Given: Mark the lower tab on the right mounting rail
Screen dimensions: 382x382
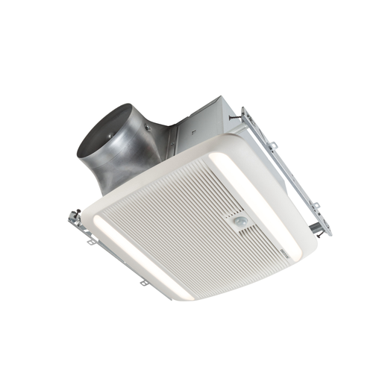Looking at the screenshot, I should [x=317, y=205].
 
